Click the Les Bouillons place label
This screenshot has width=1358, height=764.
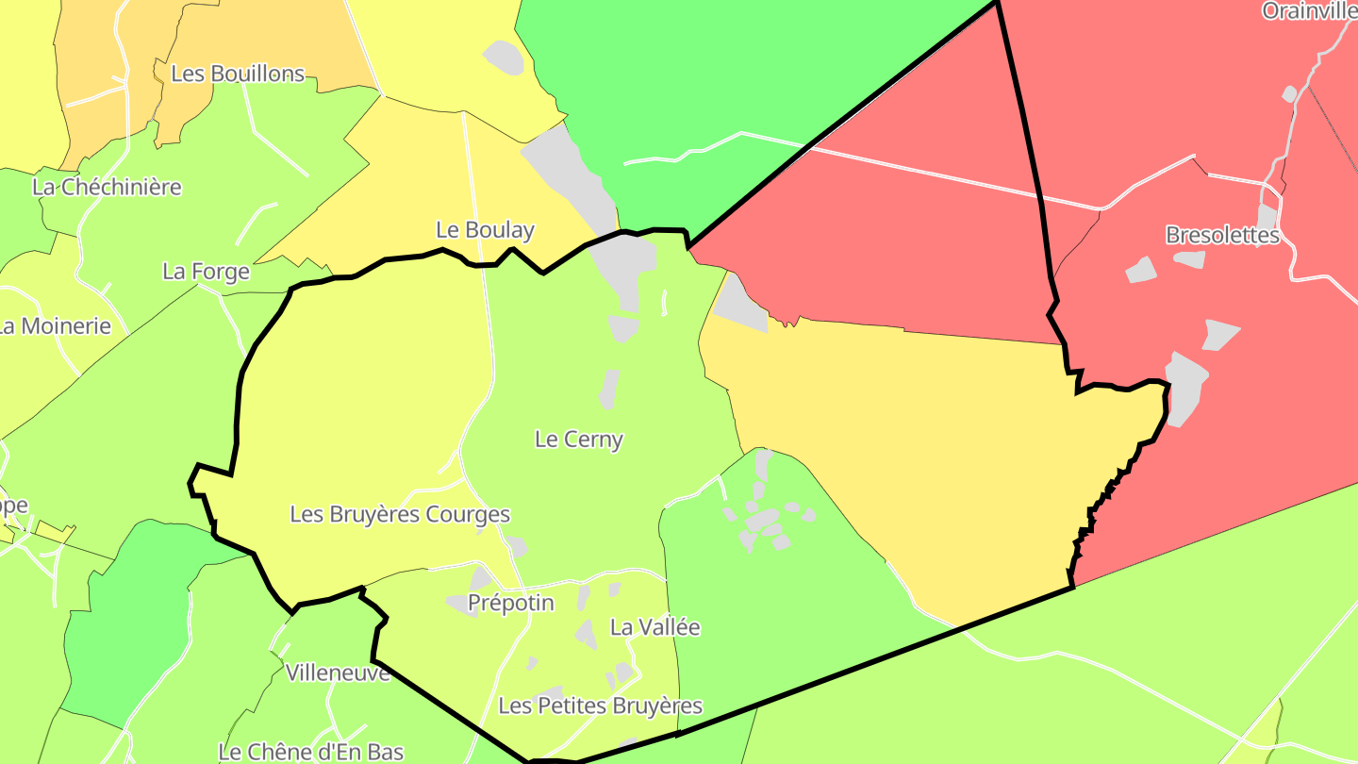click(x=238, y=74)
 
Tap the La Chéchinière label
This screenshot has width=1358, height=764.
click(x=107, y=187)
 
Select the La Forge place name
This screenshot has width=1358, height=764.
click(x=206, y=272)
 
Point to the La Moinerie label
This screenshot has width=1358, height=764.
click(x=55, y=326)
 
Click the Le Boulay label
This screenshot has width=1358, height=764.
click(x=485, y=229)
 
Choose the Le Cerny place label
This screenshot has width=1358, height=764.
click(x=578, y=439)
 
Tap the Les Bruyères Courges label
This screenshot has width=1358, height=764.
click(x=400, y=514)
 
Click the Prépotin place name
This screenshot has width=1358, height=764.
click(x=510, y=603)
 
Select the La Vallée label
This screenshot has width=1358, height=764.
click(x=654, y=626)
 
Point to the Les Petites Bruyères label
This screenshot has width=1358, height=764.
click(x=600, y=706)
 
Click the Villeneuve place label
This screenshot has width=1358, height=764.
click(x=338, y=673)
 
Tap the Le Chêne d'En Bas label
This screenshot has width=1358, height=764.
click(x=310, y=752)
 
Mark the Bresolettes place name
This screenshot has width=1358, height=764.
click(x=1222, y=235)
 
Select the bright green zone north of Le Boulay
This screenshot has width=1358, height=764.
click(x=717, y=85)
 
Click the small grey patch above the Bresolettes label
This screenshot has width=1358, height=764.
click(x=1266, y=216)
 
